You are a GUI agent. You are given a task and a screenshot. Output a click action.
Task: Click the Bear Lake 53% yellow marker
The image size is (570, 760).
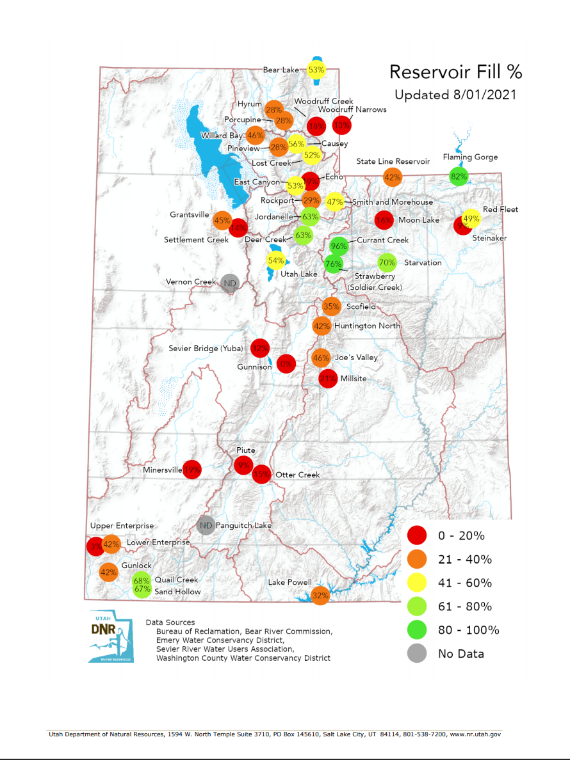click(x=316, y=70)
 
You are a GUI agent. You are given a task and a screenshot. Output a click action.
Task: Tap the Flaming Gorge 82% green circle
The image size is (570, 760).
click(x=459, y=177)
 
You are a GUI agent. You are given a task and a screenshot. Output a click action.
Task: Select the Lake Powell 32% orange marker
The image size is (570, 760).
click(x=320, y=596)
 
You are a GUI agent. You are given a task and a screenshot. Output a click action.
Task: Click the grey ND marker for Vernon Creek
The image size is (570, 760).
click(x=229, y=282)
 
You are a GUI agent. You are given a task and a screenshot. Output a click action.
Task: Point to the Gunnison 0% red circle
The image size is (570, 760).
click(x=286, y=364)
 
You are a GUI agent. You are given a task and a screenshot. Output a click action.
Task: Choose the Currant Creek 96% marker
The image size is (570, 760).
click(x=339, y=246)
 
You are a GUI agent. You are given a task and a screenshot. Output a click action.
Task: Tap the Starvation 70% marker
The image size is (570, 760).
click(x=386, y=262)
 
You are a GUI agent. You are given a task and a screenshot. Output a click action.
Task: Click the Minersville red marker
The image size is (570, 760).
click(x=192, y=470)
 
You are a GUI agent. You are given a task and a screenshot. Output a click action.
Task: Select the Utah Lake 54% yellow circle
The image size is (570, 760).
click(x=276, y=260)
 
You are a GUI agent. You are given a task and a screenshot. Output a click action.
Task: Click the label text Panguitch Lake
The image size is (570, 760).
click(x=243, y=525)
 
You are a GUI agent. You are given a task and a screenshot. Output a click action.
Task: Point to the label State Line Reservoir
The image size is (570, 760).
click(x=393, y=161)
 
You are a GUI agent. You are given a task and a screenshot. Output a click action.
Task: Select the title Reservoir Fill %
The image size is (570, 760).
click(x=455, y=72)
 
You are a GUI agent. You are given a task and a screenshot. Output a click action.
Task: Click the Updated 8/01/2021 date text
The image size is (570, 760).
click(x=455, y=95)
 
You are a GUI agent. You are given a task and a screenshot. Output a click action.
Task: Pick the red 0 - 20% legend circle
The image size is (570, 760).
click(x=417, y=535)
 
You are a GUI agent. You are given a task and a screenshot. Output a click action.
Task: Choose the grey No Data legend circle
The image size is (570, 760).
click(x=417, y=653)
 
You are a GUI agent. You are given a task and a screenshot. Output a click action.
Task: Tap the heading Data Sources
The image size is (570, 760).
click(x=170, y=622)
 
